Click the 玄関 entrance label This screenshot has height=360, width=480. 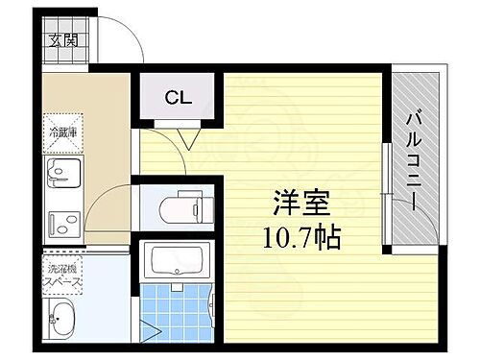[x=64, y=42]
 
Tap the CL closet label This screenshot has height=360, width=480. [x=177, y=97]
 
